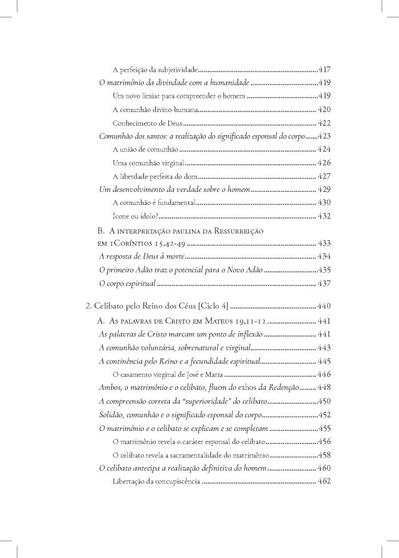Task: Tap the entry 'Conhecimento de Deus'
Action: pos(147,123)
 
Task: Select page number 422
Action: pos(324,123)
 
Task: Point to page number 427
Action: pos(324,176)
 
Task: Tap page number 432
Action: pos(324,217)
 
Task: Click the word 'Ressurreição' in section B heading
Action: pos(237,231)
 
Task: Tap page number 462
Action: pos(324,481)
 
